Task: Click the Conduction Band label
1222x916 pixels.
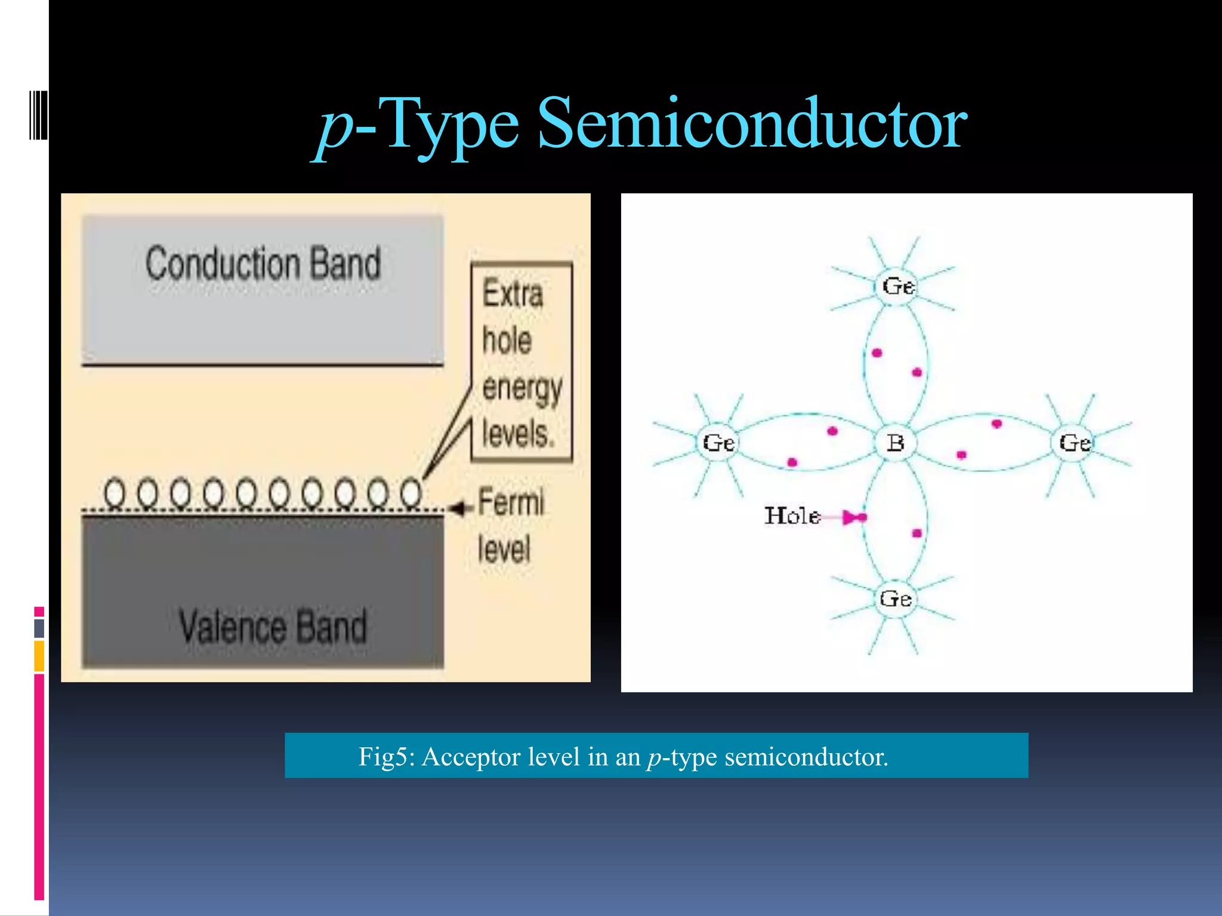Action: (x=263, y=264)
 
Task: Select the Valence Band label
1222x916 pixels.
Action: (x=273, y=626)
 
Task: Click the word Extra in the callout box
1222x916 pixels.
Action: (x=513, y=293)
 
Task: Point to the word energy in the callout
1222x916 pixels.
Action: (x=522, y=388)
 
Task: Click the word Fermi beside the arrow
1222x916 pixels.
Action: (x=511, y=502)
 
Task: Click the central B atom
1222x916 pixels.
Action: (x=895, y=443)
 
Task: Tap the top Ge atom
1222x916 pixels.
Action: (x=898, y=287)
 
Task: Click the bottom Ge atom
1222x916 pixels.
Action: (x=895, y=599)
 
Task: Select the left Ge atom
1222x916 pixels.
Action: (x=718, y=443)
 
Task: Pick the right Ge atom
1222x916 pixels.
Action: (x=1075, y=443)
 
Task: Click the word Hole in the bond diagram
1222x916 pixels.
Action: (x=792, y=516)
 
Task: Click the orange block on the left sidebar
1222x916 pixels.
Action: (x=39, y=656)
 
